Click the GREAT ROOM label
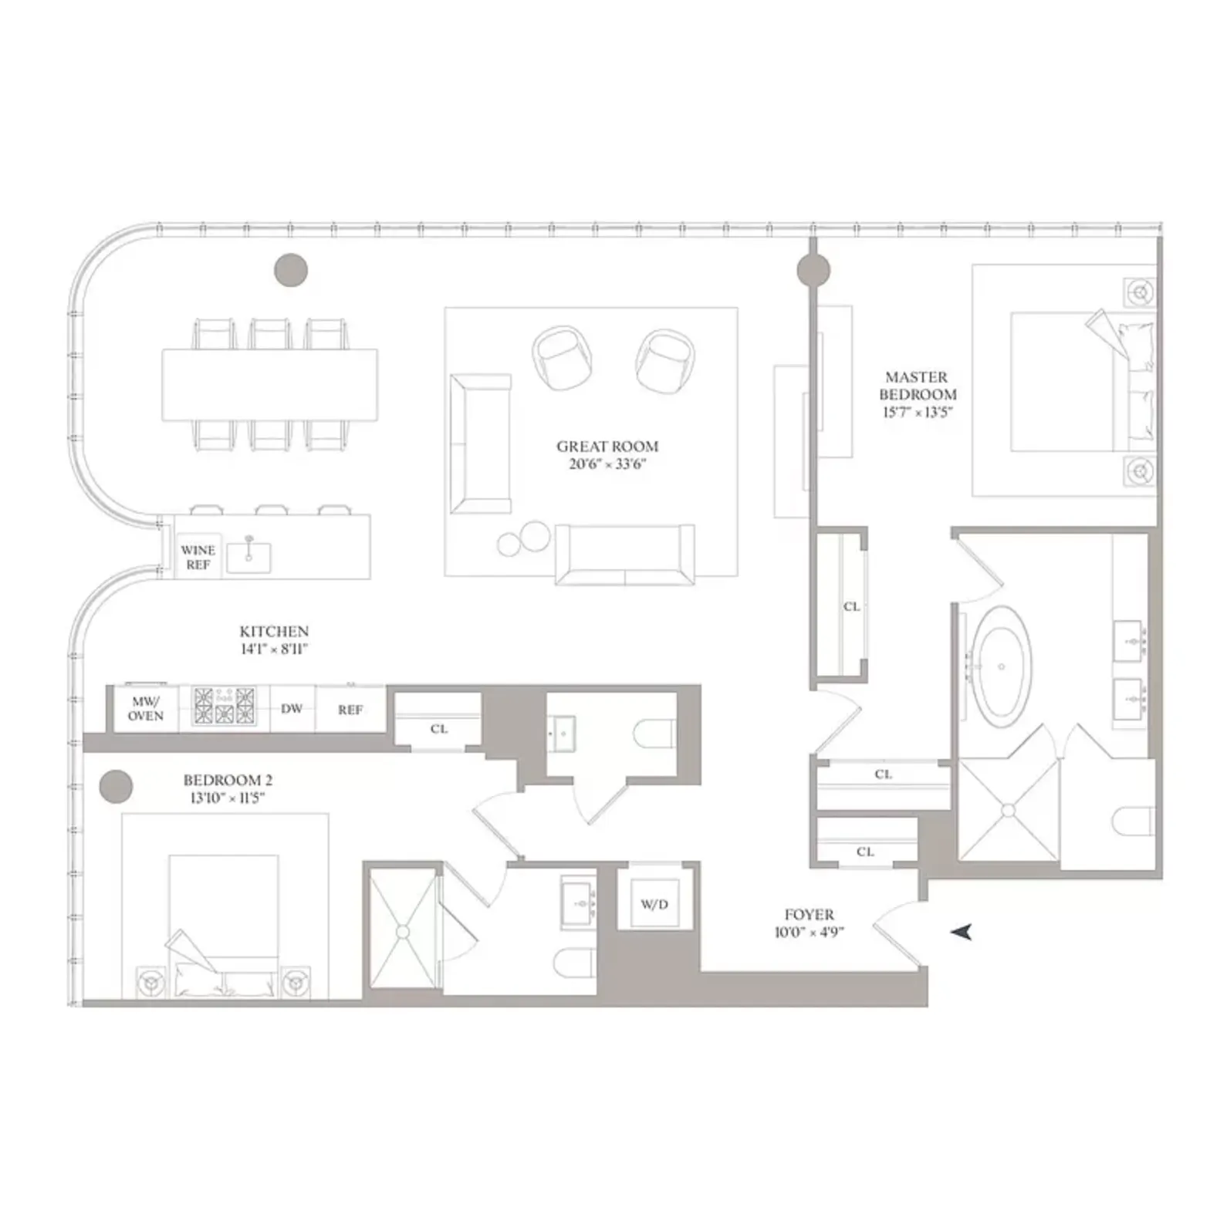(x=607, y=447)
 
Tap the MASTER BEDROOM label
(x=917, y=386)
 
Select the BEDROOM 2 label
(x=228, y=781)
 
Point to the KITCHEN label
(x=274, y=632)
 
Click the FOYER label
(x=809, y=915)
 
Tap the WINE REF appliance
(x=198, y=557)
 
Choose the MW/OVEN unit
(x=146, y=709)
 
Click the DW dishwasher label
(x=292, y=709)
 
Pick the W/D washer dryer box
(x=654, y=904)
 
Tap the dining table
(x=269, y=385)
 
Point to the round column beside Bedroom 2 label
(x=116, y=787)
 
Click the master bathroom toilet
(x=1133, y=821)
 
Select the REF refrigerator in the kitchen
(x=350, y=710)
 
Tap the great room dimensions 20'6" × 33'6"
(x=607, y=464)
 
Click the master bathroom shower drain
(x=1008, y=810)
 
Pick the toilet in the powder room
(x=654, y=735)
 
